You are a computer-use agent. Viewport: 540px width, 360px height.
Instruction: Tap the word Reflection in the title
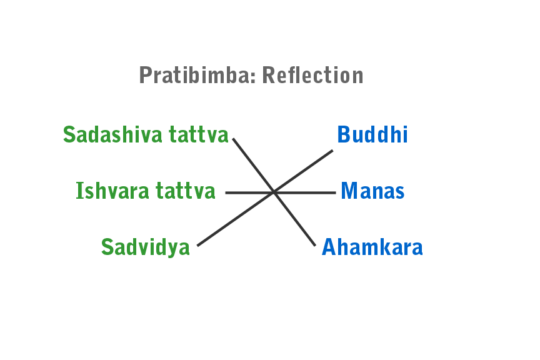pyautogui.click(x=312, y=76)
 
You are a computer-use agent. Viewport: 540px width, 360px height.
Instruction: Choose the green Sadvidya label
pyautogui.click(x=146, y=247)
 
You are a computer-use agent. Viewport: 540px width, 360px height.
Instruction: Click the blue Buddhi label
pyautogui.click(x=372, y=135)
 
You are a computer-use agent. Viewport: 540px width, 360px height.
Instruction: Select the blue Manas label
pyautogui.click(x=373, y=191)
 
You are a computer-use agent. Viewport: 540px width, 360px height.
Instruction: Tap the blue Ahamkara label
pyautogui.click(x=372, y=247)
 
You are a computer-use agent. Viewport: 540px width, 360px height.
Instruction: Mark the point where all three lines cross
pyautogui.click(x=274, y=192)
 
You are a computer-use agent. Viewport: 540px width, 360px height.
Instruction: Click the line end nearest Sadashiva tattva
pyautogui.click(x=234, y=139)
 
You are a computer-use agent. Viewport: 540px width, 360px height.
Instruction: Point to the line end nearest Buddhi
pyautogui.click(x=332, y=151)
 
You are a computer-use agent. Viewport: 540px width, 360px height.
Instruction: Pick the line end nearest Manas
pyautogui.click(x=335, y=192)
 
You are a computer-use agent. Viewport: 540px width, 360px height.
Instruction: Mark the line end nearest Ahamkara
pyautogui.click(x=315, y=246)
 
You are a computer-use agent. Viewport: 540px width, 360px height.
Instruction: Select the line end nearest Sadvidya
pyautogui.click(x=198, y=246)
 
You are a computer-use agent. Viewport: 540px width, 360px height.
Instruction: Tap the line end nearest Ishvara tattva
pyautogui.click(x=226, y=192)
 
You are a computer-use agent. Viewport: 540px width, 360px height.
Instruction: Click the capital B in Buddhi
pyautogui.click(x=343, y=135)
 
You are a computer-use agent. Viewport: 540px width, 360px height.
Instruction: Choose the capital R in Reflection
pyautogui.click(x=269, y=76)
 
